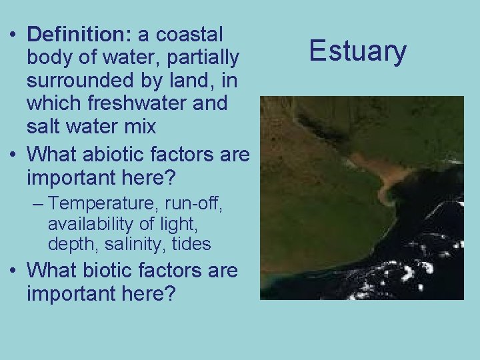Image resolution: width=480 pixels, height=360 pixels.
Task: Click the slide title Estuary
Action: tap(358, 51)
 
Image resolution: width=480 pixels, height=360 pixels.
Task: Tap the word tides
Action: tap(191, 245)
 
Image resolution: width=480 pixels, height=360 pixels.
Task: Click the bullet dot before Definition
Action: tap(13, 35)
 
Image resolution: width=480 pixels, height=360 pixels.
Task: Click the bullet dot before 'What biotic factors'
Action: tap(13, 271)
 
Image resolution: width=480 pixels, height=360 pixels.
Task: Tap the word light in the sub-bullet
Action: tap(191, 224)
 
